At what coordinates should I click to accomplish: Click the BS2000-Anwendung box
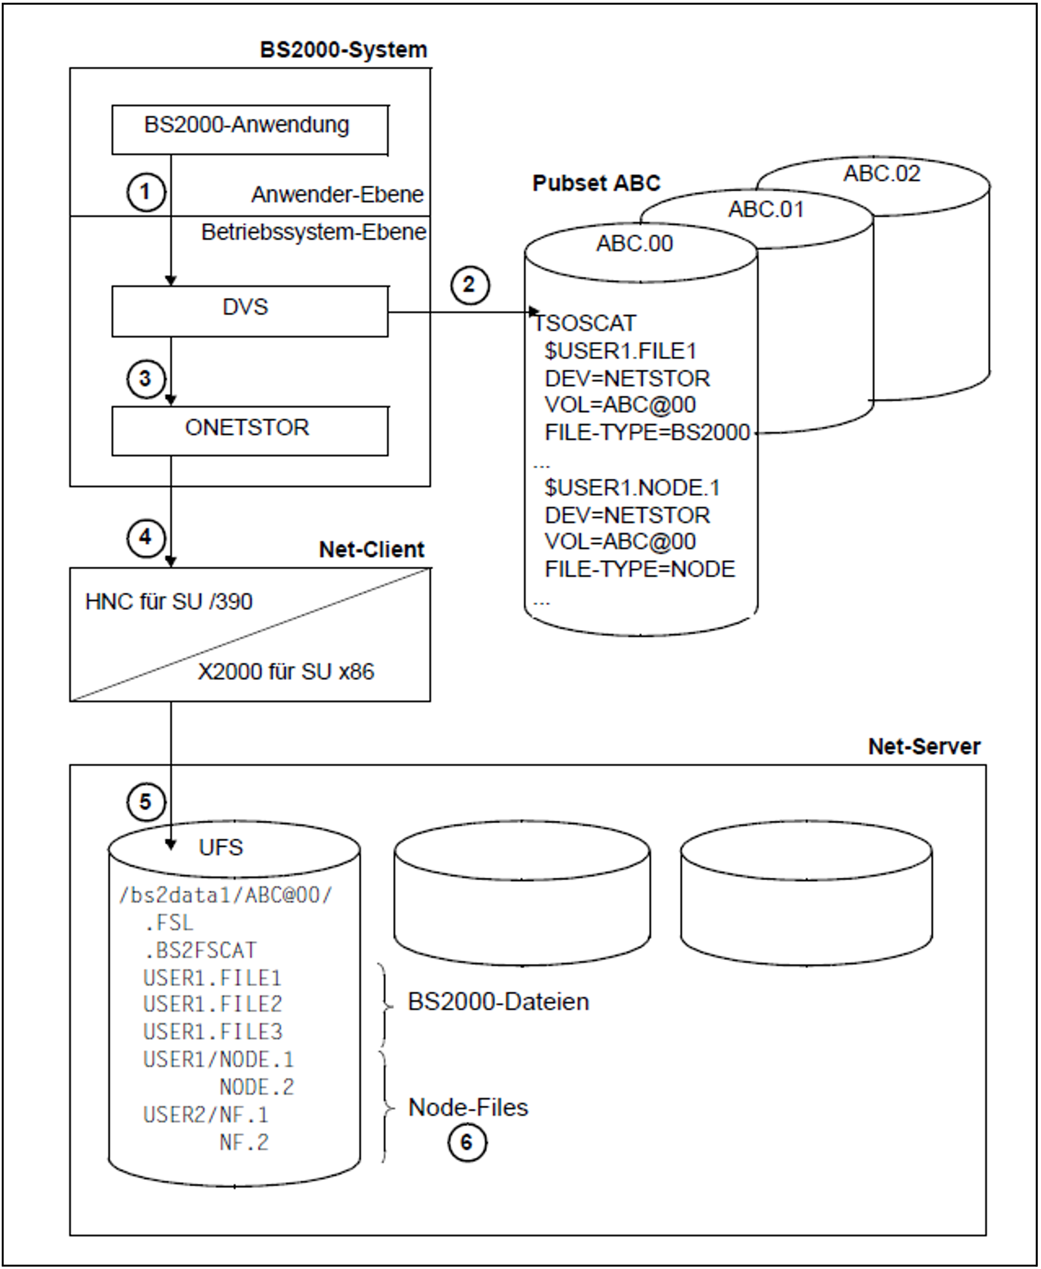click(249, 129)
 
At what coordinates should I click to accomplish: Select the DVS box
click(249, 310)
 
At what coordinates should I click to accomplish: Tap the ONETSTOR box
click(249, 430)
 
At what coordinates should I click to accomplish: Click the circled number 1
click(145, 192)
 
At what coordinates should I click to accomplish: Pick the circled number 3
click(145, 379)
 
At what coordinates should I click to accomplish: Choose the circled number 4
click(145, 537)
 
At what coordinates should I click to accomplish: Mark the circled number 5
click(145, 802)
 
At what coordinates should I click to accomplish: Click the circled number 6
click(467, 1143)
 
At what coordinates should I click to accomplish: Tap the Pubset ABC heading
click(596, 183)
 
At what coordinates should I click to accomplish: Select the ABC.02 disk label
click(881, 174)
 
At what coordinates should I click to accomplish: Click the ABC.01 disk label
click(766, 210)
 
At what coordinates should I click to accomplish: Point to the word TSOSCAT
click(585, 323)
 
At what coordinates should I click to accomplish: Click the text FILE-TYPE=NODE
click(640, 569)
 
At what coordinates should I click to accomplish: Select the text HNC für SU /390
click(168, 601)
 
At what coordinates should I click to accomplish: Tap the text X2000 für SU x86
click(286, 671)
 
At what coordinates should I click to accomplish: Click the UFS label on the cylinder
click(221, 847)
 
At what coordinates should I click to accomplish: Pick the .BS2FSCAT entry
click(200, 950)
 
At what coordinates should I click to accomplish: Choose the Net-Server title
click(924, 746)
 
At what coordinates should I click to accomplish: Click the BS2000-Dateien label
click(498, 1002)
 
